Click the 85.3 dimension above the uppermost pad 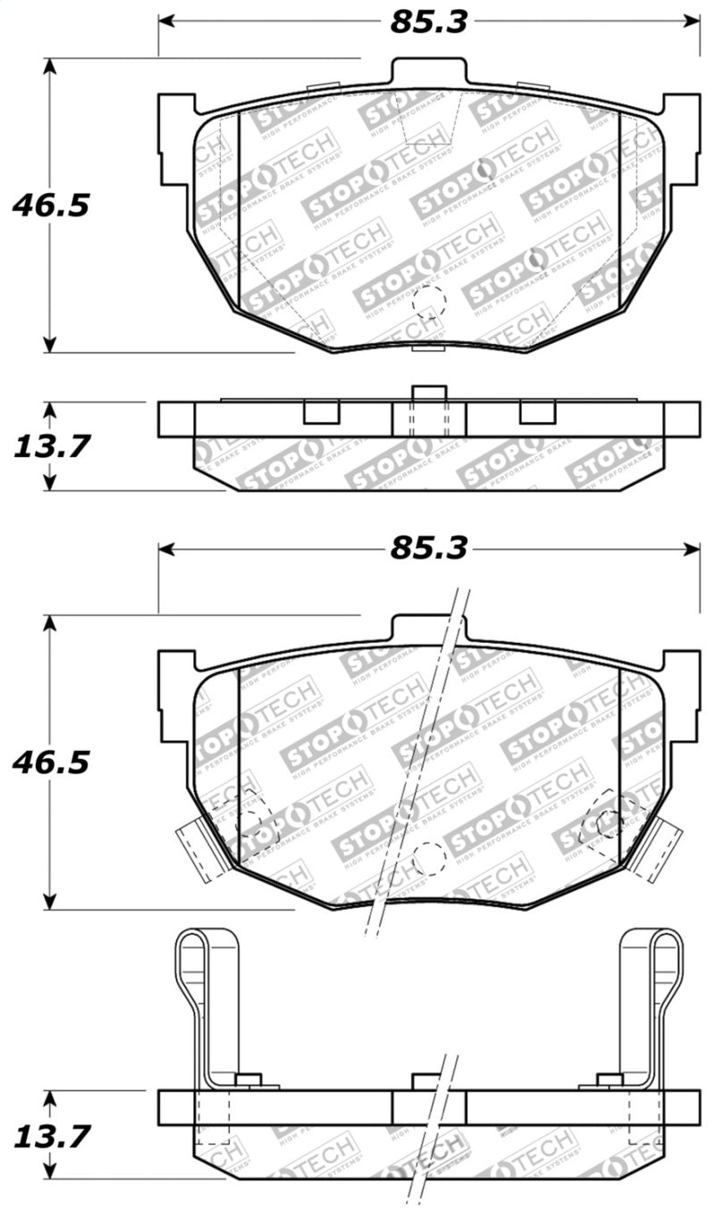pos(428,22)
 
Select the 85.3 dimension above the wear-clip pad pos(428,548)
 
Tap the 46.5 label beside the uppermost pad pos(51,205)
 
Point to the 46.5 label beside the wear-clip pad pos(51,762)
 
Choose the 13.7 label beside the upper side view pos(51,446)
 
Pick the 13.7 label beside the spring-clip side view pos(51,1136)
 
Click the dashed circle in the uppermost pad pos(428,303)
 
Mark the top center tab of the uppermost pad pos(428,72)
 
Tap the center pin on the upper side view pos(428,395)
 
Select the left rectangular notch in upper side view pos(321,412)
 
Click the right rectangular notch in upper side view pos(537,412)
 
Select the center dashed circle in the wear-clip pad pos(430,859)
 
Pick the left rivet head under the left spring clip pos(249,1081)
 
